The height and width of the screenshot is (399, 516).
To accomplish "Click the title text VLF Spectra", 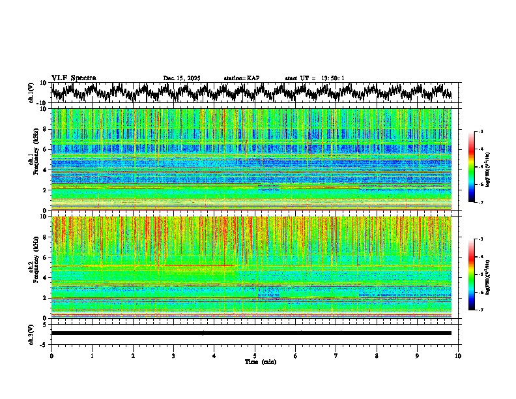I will tap(74, 78).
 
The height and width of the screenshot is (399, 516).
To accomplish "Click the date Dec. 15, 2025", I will tap(181, 78).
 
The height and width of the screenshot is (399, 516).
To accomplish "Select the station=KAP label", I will tap(241, 78).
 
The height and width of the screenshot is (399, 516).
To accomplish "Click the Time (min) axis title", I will tap(260, 361).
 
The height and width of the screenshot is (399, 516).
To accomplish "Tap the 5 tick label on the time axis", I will tap(255, 355).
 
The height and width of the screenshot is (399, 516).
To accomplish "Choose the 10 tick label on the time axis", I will tap(458, 355).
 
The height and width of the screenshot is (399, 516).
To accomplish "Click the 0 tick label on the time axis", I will tap(51, 355).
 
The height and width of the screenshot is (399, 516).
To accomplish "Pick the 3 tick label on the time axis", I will tap(173, 355).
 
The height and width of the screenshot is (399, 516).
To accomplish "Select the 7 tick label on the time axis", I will tap(336, 355).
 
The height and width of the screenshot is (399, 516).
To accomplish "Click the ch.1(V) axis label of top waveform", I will tap(31, 93).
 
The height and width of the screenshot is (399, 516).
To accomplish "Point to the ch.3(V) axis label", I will tap(31, 333).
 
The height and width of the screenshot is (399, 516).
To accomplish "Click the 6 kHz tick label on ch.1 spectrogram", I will tap(45, 149).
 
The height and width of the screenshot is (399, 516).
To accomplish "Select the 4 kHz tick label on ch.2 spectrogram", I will tap(45, 277).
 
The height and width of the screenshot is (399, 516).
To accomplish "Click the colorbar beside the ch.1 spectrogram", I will tap(471, 167).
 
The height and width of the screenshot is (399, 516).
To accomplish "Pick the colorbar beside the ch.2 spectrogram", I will tap(471, 274).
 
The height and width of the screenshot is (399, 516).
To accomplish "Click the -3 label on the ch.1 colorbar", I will tap(480, 132).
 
